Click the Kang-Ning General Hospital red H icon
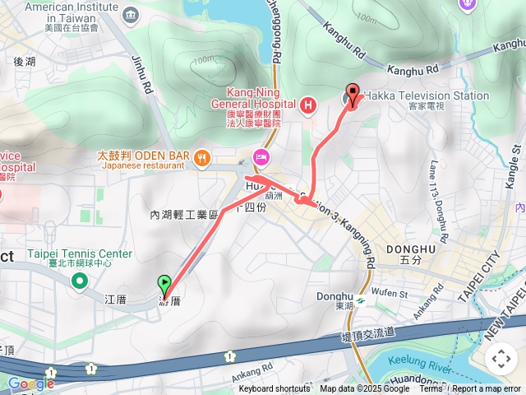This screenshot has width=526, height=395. point(308,105)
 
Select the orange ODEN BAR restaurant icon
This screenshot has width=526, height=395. point(201,157)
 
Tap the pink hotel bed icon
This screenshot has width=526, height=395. point(261,156)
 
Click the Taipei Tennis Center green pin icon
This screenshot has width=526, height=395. point(80,282)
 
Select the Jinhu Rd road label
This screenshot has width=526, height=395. point(144,73)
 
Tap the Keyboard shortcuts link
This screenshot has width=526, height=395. point(275,389)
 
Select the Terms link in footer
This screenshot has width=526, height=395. point(431,389)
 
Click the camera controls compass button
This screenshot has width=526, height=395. point(501,358)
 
